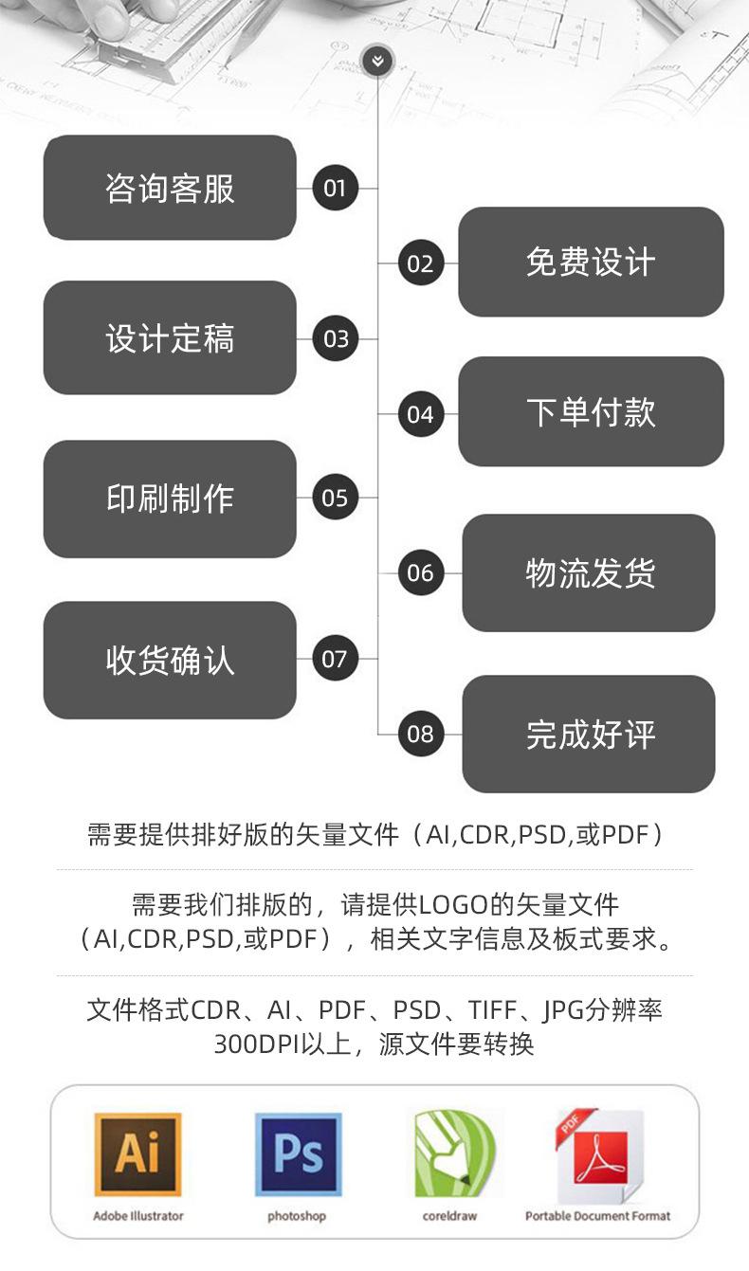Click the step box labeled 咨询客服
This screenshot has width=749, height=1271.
pyautogui.click(x=170, y=188)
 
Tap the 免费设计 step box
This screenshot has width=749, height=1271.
pyautogui.click(x=591, y=263)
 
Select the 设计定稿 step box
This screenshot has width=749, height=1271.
pyautogui.click(x=170, y=338)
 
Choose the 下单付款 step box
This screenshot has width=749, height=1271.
pyautogui.click(x=591, y=412)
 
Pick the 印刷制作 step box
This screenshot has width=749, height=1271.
pyautogui.click(x=170, y=499)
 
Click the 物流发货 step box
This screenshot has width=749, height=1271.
pyautogui.click(x=589, y=573)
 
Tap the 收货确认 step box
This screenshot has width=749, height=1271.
pyautogui.click(x=170, y=660)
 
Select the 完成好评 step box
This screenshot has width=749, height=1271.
pyautogui.click(x=589, y=735)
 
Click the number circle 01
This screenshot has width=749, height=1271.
pyautogui.click(x=335, y=188)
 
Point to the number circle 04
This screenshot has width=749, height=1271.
pyautogui.click(x=420, y=414)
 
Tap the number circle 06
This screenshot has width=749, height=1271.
pyautogui.click(x=420, y=573)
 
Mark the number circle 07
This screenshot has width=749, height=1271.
pyautogui.click(x=335, y=659)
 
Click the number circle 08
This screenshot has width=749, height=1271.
pyautogui.click(x=420, y=734)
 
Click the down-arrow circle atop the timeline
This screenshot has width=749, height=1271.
pyautogui.click(x=377, y=63)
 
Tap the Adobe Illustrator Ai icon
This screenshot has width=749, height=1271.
pyautogui.click(x=137, y=1155)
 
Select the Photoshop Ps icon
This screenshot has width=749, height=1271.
pyautogui.click(x=297, y=1155)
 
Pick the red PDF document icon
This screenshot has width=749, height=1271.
pyautogui.click(x=598, y=1155)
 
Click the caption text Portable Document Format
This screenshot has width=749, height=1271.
pyautogui.click(x=597, y=1216)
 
